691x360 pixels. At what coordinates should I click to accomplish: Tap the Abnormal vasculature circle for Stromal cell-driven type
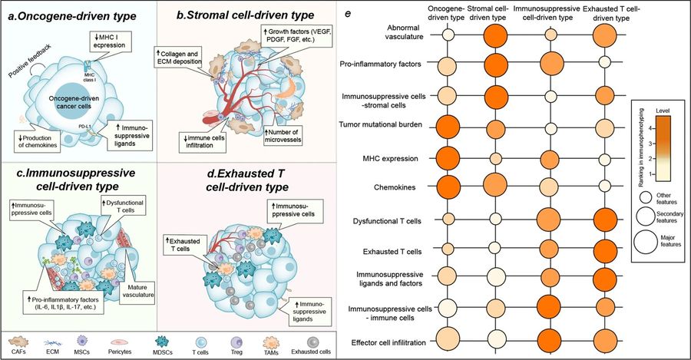click(x=496, y=35)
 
